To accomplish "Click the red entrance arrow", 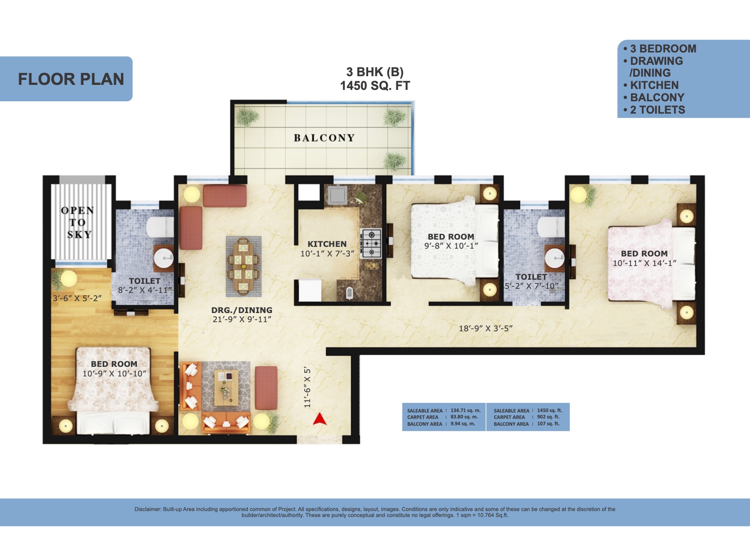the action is pos(319,419).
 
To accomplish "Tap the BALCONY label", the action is pos(324,138).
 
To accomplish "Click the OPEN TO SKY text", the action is pos(78,222).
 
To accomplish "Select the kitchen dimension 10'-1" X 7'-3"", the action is pos(327,254).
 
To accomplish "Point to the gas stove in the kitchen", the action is pos(370,243).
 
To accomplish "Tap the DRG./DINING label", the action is pos(242,310).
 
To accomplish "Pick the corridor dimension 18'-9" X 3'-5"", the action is pos(485,328).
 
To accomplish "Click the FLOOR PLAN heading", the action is pos(71,79).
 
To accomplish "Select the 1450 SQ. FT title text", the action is pos(375,86).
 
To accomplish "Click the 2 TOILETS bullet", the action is pos(654,110).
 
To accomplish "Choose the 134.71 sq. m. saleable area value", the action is pos(465,410).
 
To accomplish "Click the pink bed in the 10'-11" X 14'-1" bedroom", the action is pos(651,263).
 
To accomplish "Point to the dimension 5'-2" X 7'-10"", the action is pos(531,286).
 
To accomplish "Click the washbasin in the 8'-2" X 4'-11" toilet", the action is pos(163,258).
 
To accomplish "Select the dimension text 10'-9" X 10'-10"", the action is pos(115,374).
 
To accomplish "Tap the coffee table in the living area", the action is pos(226,387).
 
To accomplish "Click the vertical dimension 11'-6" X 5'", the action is pos(307,387).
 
